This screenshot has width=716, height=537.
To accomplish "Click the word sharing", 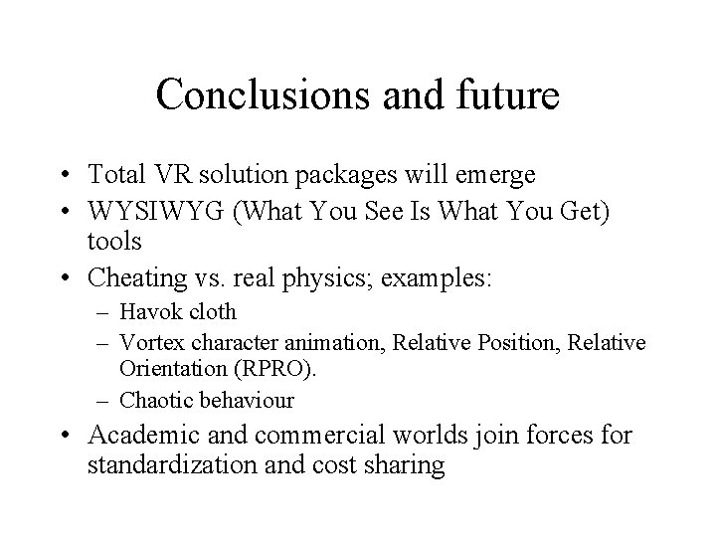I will [407, 464].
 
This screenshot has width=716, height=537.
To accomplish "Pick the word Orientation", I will [176, 369].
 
